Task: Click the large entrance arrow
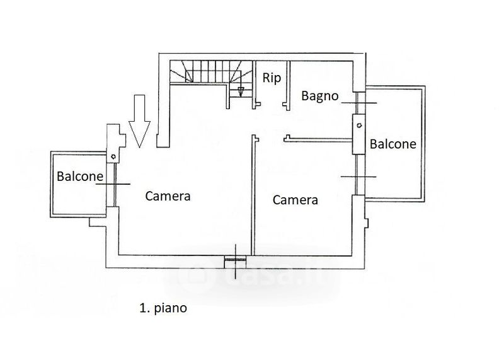[139, 120]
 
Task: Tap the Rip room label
[271, 78]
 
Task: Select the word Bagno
[320, 96]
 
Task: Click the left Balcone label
[80, 177]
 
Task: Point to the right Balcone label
[392, 144]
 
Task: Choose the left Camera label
[168, 195]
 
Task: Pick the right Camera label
[295, 200]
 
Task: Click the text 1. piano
[163, 309]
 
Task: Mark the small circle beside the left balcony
[113, 155]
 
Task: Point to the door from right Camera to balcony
[357, 177]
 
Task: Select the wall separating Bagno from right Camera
[318, 139]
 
